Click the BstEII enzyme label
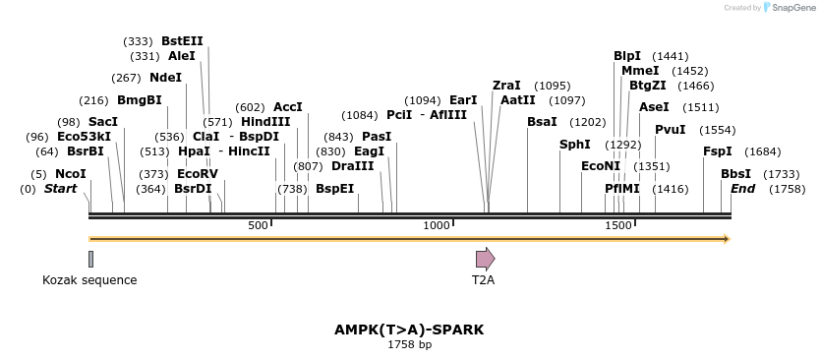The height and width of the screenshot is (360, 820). (182, 41)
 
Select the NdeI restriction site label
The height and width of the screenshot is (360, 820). (165, 78)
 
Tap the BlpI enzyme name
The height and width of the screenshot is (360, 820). (627, 56)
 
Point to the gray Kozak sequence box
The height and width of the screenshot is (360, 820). (90, 259)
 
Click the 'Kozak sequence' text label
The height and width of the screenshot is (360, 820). (89, 280)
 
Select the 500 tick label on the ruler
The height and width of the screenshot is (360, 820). (259, 225)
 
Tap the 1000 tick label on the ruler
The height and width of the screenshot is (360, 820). (437, 225)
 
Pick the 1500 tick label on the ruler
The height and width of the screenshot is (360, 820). (617, 225)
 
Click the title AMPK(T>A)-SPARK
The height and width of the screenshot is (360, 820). (409, 330)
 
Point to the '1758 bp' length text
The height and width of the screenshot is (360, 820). (409, 345)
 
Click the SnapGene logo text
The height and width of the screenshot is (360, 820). (793, 8)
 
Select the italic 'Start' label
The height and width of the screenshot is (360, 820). (60, 189)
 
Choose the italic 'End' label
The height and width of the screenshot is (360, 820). (742, 189)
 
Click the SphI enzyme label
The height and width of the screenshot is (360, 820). (574, 145)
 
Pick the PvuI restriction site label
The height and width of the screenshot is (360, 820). (670, 130)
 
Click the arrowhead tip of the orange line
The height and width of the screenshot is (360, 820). (728, 239)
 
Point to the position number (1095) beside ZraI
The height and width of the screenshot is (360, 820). (553, 86)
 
